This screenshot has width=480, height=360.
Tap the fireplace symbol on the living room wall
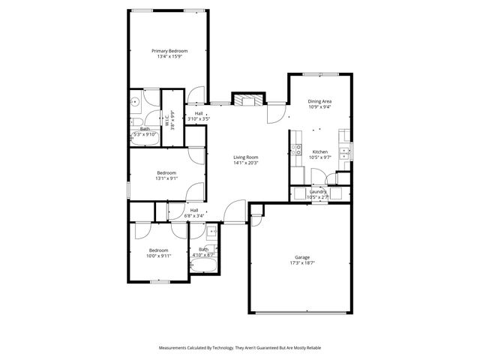pos(248,100)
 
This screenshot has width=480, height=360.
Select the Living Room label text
pos(245,157)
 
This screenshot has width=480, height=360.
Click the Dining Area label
pos(320,100)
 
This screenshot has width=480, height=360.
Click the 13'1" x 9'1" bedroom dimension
pos(166,178)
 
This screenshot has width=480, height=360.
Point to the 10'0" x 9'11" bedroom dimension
pos(158,256)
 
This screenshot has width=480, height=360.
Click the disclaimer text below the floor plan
pos(239,347)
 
